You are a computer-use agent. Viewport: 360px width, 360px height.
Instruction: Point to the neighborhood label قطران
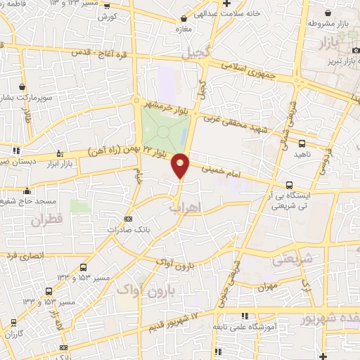point(46,220)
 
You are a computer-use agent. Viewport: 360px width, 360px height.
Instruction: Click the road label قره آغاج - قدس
point(98,53)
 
